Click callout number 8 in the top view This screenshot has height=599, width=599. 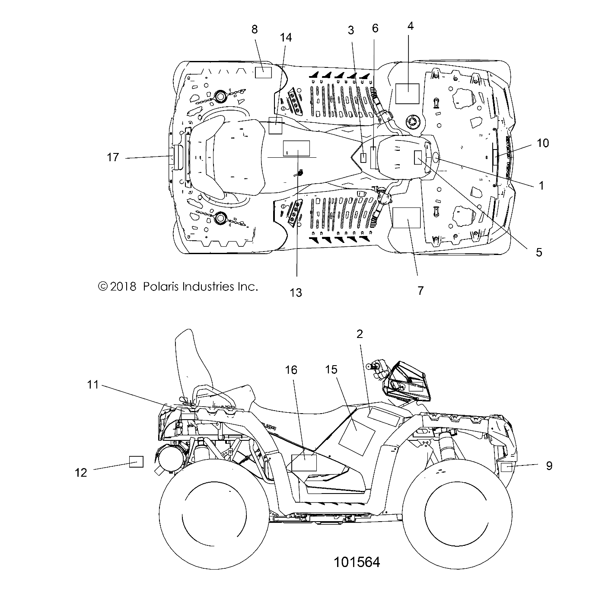coord(254,29)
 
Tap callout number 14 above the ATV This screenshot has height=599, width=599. coord(285,38)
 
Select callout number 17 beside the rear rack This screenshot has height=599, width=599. coord(113,157)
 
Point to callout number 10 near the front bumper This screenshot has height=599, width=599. coord(542,143)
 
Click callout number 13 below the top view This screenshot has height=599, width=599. coord(296,293)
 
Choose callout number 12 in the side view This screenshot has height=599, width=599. coord(81,472)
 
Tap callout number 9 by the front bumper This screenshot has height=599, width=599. coord(549,465)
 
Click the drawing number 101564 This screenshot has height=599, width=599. coord(357,562)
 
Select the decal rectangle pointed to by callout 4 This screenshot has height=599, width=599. coord(408,94)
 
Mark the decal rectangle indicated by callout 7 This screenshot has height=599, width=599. coord(406,217)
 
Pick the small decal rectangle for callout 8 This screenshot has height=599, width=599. coord(263,72)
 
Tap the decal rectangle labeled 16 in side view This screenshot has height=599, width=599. coord(304,462)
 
